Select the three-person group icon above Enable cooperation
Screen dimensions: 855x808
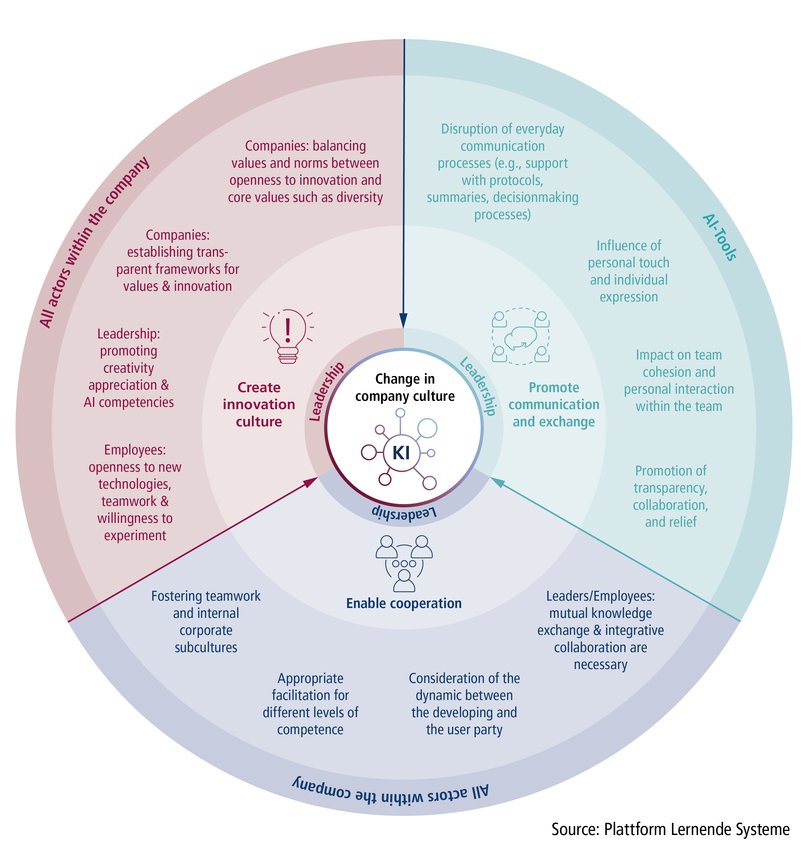[404, 563]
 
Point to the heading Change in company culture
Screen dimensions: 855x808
[404, 387]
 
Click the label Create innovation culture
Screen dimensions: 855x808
[259, 405]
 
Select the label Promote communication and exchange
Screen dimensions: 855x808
[554, 405]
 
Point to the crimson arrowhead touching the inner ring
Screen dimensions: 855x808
[311, 482]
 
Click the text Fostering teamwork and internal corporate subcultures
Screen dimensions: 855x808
[206, 621]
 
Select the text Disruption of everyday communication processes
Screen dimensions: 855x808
[503, 172]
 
